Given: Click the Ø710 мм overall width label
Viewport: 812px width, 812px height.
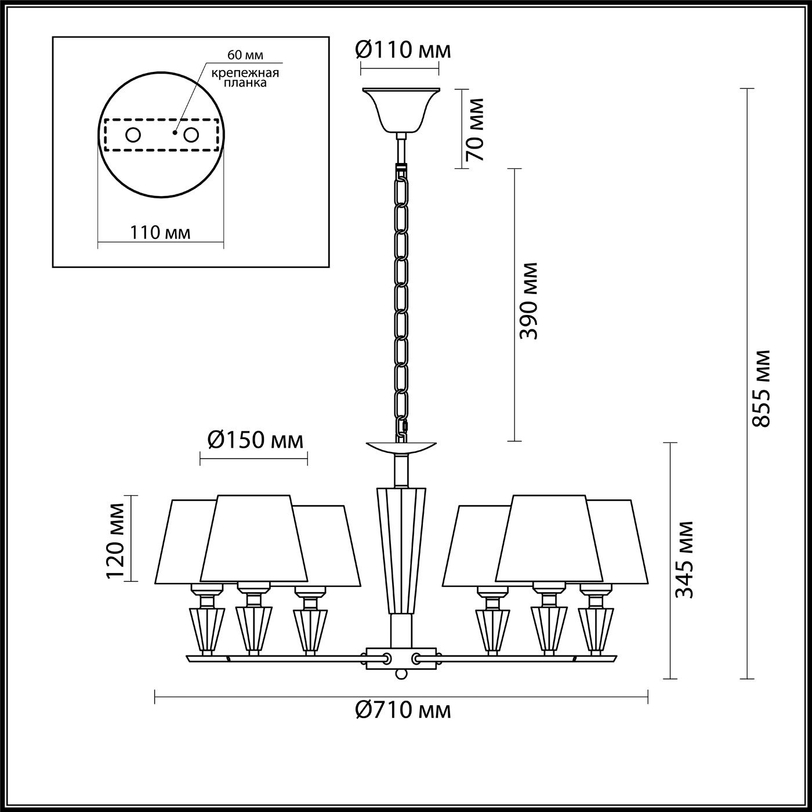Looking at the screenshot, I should tap(402, 709).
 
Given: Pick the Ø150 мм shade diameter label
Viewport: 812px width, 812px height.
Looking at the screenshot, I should tap(255, 441).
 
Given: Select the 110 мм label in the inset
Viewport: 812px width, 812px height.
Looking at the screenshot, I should tap(159, 233).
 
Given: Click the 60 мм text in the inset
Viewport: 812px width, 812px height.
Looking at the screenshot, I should tap(245, 55).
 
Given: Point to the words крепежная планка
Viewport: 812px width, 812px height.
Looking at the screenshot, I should tap(245, 78).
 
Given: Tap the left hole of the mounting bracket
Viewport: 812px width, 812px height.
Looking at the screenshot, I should tap(133, 135).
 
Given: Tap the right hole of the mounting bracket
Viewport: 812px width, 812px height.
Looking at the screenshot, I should tap(191, 135).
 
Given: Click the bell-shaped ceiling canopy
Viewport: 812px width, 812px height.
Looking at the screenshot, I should tap(401, 108).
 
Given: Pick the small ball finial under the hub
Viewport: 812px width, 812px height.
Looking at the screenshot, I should tap(401, 675).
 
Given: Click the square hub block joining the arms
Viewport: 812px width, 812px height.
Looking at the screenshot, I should tap(401, 658).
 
